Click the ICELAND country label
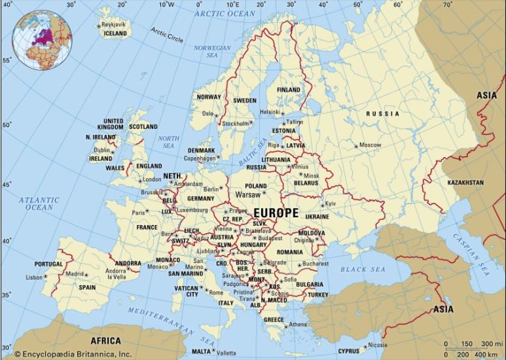tap(115, 33)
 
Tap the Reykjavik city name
tap(114, 24)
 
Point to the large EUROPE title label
tap(276, 213)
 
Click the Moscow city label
tap(370, 145)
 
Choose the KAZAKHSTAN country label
tap(465, 182)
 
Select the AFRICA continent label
tap(105, 341)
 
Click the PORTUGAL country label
tap(49, 264)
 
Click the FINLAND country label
tap(289, 90)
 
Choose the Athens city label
tap(297, 325)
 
